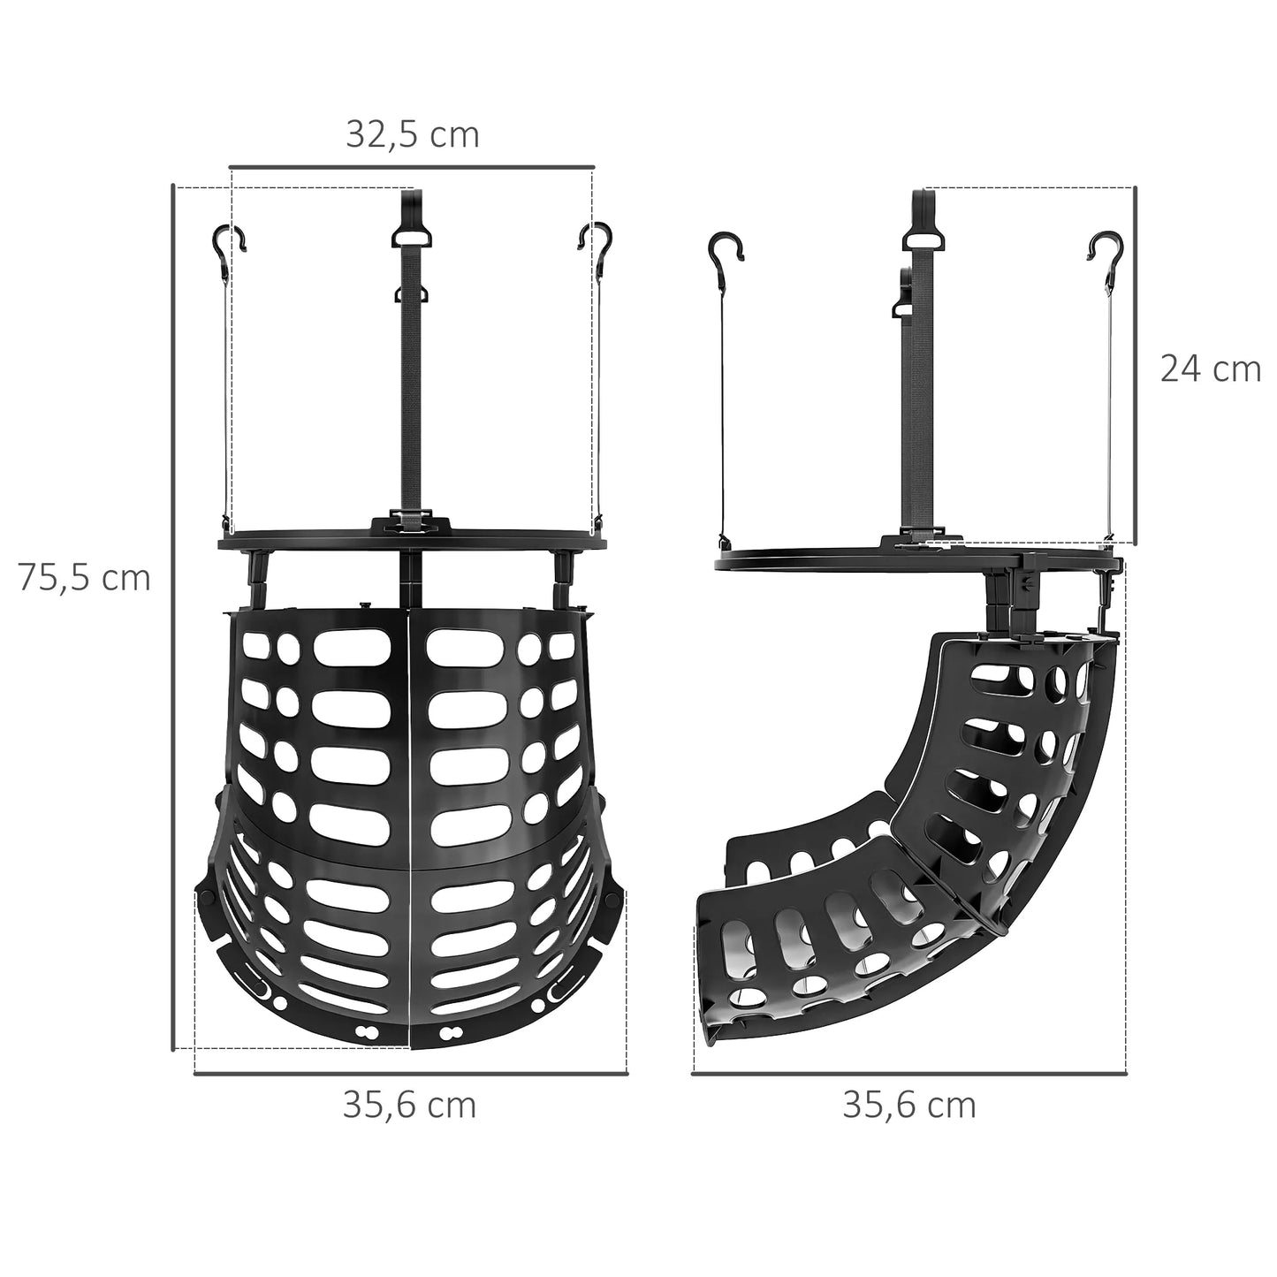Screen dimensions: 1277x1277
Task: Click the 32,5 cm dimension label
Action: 412,134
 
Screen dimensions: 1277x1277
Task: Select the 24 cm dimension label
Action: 1210,369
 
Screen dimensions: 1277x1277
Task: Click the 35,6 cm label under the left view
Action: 409,1105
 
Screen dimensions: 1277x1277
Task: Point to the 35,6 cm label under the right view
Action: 909,1105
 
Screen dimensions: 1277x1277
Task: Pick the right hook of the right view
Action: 1105,252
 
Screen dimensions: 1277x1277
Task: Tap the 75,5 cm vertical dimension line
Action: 172,619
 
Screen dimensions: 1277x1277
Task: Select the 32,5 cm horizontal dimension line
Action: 412,165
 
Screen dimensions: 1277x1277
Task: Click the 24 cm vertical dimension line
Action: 1135,367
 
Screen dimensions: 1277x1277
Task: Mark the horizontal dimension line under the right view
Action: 909,1074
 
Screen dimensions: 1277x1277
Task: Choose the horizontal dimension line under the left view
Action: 411,1074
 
